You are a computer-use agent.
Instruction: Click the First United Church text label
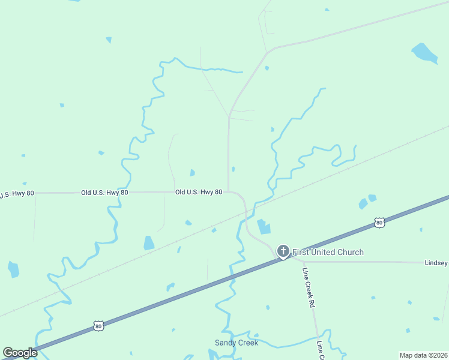coord(328,252)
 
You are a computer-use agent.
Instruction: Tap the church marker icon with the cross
coord(283,251)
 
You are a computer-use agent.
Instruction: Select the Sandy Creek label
coord(237,343)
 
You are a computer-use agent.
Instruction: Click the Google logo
coord(20,353)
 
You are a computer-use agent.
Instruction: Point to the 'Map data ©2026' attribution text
coord(423,355)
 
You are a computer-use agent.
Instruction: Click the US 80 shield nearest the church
coord(379,223)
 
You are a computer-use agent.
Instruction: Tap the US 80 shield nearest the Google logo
coord(98,326)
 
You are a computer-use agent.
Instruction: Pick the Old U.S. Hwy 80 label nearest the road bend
coord(199,192)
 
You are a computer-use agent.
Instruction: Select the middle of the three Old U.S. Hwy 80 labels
coord(104,193)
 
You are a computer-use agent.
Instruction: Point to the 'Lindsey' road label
coord(436,263)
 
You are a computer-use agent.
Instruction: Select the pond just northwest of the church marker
coord(264,227)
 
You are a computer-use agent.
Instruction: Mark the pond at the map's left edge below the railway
coord(13,269)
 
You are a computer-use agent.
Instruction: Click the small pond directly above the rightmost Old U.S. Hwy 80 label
coord(192,173)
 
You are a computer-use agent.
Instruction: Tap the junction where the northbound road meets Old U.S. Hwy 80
coord(229,192)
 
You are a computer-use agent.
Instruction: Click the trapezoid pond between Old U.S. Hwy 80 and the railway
coord(149,243)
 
